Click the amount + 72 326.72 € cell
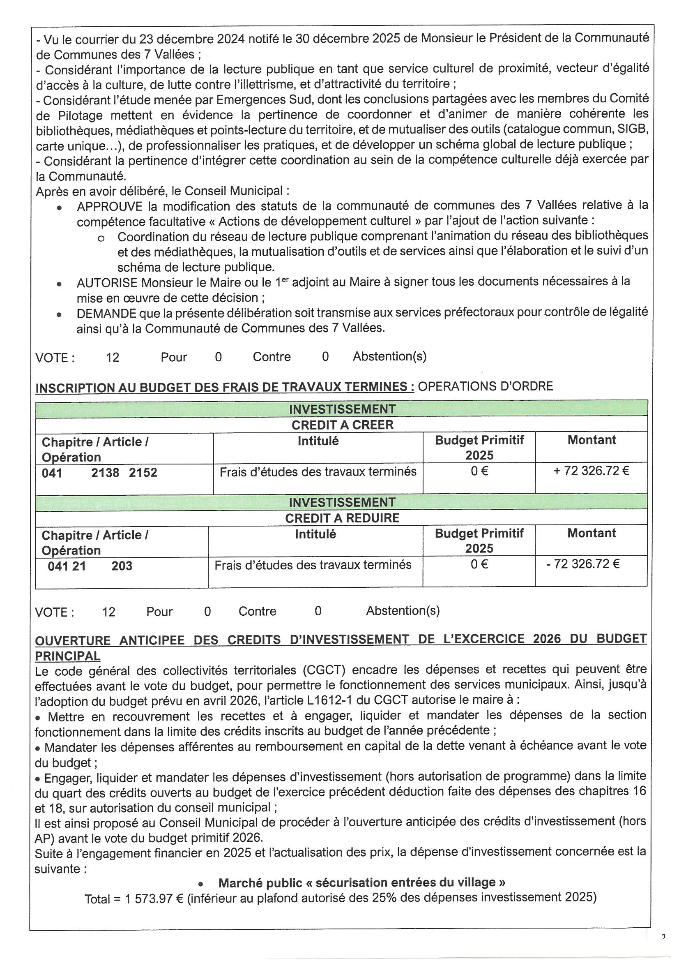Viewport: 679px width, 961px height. [591, 471]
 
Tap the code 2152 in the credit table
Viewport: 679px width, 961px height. [143, 473]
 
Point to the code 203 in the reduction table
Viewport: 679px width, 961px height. [122, 566]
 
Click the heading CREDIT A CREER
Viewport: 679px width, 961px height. [342, 425]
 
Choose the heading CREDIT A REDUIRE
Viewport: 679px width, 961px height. [342, 518]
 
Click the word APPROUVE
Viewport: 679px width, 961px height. [109, 207]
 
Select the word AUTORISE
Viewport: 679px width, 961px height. [107, 283]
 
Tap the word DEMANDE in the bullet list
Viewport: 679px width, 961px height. [106, 314]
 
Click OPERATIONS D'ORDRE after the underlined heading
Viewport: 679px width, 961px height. [485, 386]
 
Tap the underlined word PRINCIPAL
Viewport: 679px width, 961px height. [67, 656]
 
